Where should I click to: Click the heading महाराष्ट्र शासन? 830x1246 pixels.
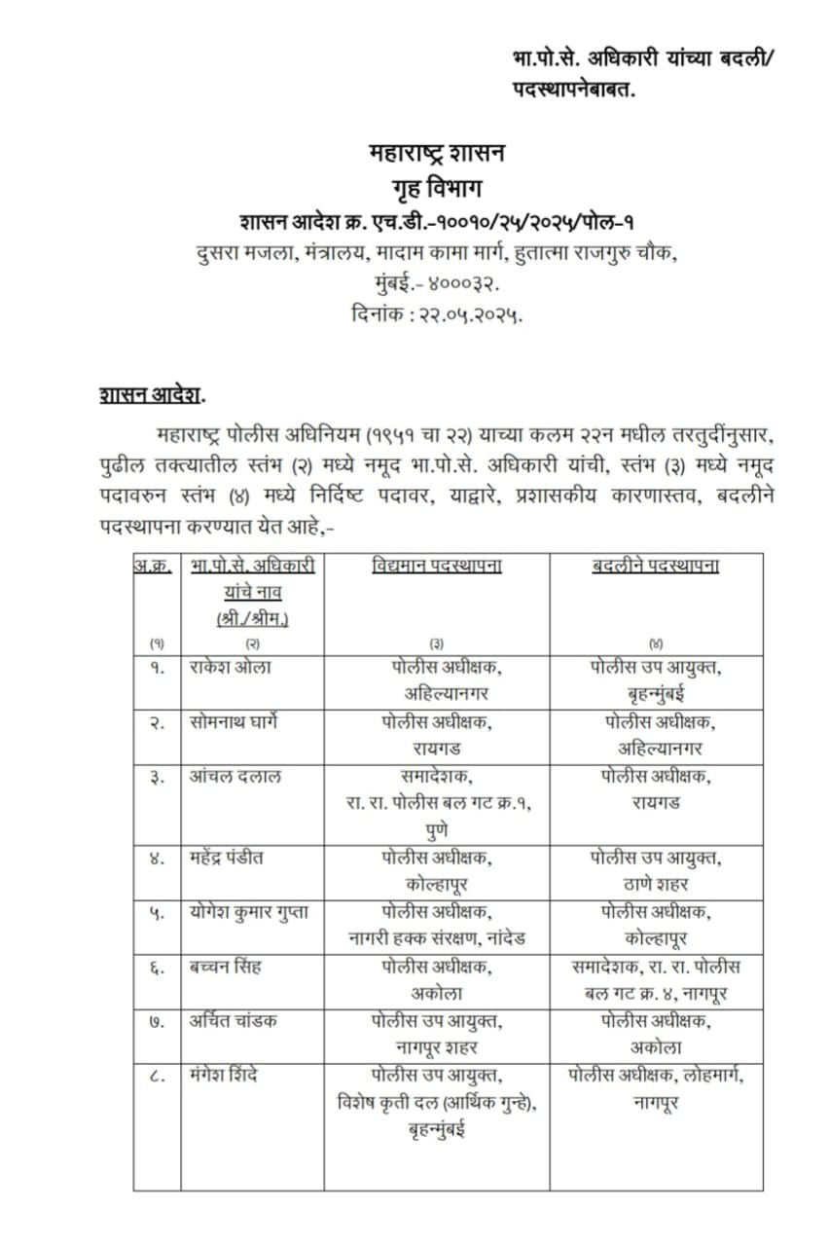437,154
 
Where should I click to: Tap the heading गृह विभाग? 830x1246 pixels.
437,186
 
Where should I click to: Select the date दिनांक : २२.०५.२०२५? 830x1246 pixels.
437,314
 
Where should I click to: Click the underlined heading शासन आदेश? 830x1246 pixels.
151,394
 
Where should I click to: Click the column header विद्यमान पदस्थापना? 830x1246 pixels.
437,566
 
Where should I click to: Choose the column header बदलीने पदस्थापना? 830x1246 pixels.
656,566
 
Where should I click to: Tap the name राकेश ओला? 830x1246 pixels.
231,668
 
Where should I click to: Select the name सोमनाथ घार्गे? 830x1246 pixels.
237,722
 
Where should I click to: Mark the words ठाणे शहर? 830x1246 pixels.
656,885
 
